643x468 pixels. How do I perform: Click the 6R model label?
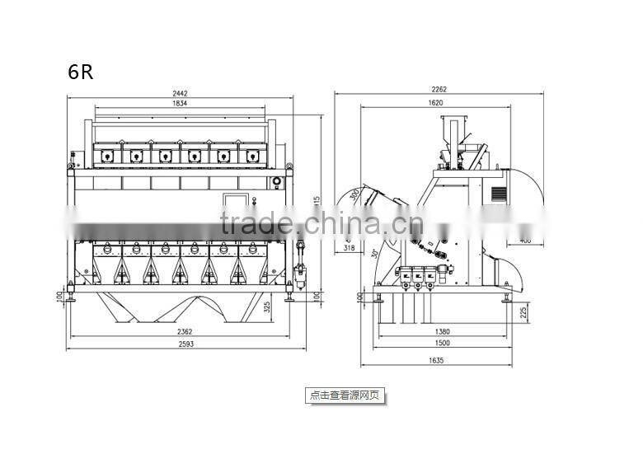pyautogui.click(x=81, y=71)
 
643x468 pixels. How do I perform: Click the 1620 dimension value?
pyautogui.click(x=436, y=103)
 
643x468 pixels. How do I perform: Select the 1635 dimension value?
pyautogui.click(x=436, y=360)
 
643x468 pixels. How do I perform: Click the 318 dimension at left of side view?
pyautogui.click(x=349, y=246)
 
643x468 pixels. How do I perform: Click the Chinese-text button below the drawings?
pyautogui.click(x=345, y=395)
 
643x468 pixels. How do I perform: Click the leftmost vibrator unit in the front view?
pyautogui.click(x=107, y=154)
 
